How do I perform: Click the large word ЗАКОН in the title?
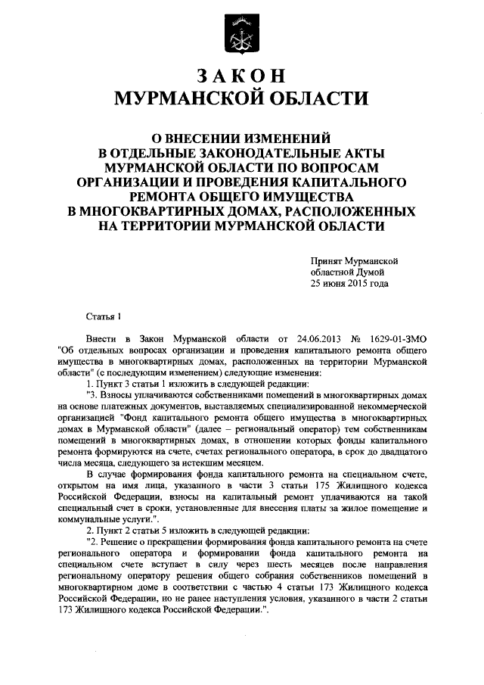click(241, 76)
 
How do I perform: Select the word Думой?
click(372, 272)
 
